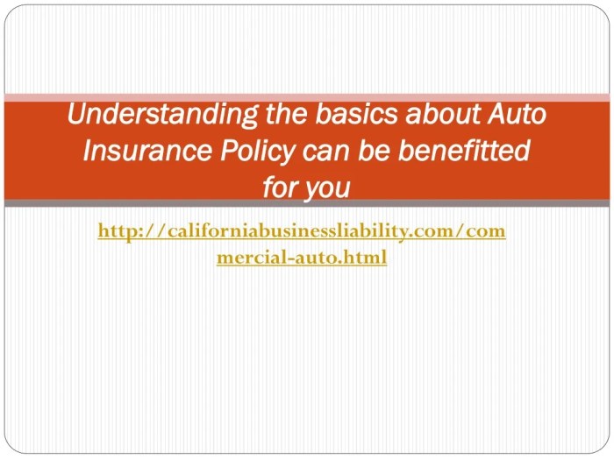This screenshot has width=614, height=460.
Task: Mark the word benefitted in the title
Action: pos(465,152)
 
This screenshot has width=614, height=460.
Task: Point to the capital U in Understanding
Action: pos(77,115)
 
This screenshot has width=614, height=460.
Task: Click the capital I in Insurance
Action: pos(87,152)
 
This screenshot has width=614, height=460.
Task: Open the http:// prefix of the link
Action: pos(125,231)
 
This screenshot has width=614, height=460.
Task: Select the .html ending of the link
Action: pos(363,258)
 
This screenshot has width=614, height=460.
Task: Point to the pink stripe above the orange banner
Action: pos(307,96)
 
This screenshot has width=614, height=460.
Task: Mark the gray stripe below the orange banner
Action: pos(307,203)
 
